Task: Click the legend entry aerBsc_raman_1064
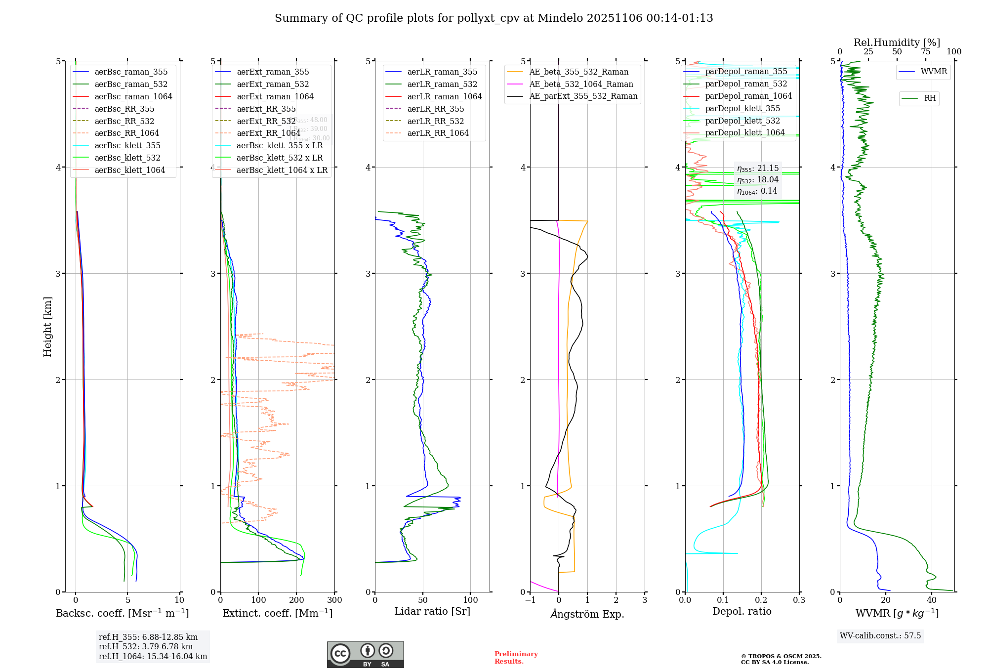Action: pos(133,96)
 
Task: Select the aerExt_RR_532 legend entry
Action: pos(266,121)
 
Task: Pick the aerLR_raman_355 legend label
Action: pos(442,72)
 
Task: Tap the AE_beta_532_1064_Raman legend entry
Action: pos(581,84)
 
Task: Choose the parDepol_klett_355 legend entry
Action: pos(742,109)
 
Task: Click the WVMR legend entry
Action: pos(934,72)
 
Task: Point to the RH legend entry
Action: pos(930,98)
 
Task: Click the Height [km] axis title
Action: pos(47,327)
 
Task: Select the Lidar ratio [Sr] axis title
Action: pos(432,611)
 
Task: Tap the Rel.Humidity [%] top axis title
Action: pos(897,42)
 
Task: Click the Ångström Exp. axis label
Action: pos(587,614)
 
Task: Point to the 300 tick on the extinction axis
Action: pos(334,600)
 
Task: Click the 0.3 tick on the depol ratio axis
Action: pos(799,600)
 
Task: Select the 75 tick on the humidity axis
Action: pos(925,52)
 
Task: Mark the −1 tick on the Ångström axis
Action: pos(530,600)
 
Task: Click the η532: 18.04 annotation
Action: pos(757,180)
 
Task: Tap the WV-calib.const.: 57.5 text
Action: pos(880,636)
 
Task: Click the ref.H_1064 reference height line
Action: pos(153,657)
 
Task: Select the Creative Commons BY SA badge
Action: pos(365,654)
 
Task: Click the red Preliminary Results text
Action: pos(516,658)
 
